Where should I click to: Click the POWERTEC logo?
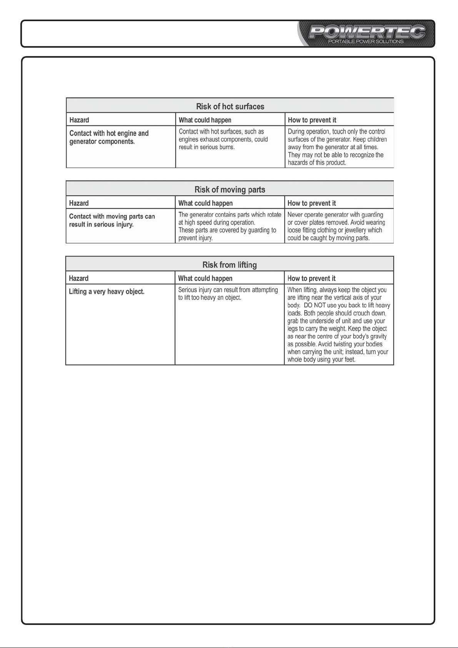367,32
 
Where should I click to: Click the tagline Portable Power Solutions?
366,42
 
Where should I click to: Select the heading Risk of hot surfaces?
230,107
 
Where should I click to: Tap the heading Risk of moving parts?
230,190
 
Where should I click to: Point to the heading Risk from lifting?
230,265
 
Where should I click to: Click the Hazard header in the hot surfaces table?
79,120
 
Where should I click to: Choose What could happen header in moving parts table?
205,203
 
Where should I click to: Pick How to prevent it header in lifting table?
311,278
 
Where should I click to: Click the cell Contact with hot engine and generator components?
109,137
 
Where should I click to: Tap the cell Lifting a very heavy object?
107,292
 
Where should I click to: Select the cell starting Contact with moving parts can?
112,220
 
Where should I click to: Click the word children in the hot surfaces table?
377,140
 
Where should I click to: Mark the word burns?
227,147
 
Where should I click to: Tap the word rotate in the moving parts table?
274,215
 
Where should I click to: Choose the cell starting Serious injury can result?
228,294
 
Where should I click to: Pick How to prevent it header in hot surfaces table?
312,120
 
